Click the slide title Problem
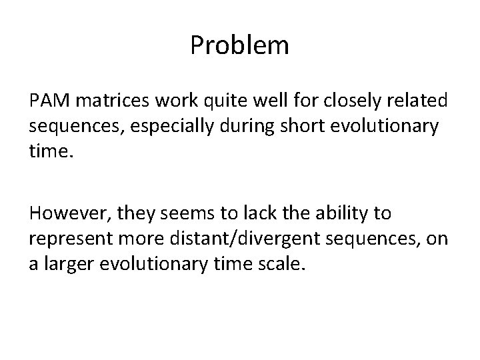(239, 46)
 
